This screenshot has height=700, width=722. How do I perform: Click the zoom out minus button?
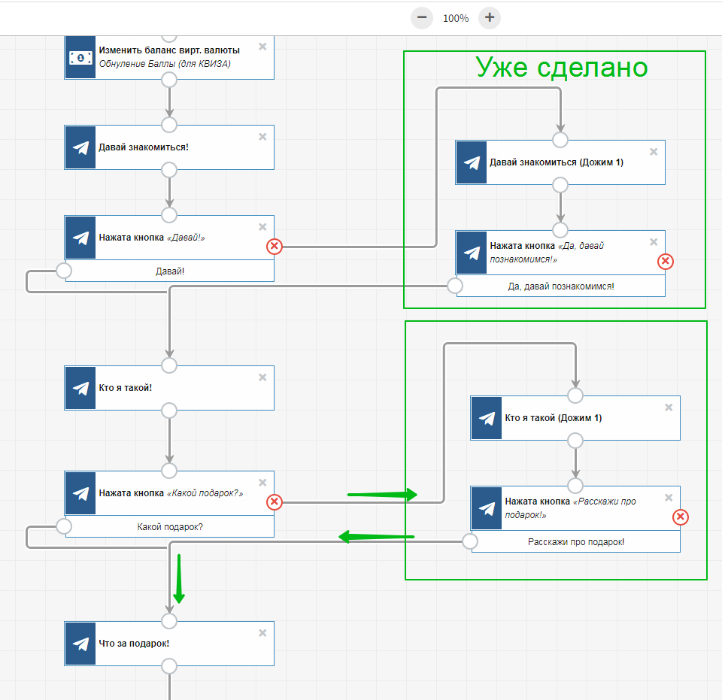click(x=422, y=18)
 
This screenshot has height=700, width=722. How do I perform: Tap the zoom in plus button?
click(x=490, y=18)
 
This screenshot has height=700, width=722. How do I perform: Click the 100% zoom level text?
click(x=456, y=18)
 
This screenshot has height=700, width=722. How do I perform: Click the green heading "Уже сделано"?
click(x=561, y=67)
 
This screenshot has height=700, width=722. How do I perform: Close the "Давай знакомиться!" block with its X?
click(x=262, y=137)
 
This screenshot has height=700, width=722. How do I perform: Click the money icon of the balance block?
click(x=80, y=58)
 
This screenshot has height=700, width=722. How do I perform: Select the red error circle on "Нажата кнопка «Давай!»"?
click(x=275, y=246)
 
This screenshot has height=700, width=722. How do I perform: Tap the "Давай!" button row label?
click(x=170, y=271)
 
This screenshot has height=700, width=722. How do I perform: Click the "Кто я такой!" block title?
click(x=126, y=388)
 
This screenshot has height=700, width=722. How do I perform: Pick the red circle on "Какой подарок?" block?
click(x=275, y=502)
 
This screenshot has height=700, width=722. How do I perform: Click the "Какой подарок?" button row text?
click(x=170, y=527)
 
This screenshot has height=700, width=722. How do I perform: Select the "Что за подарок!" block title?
click(x=134, y=644)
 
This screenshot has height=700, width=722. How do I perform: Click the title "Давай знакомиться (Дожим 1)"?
click(x=557, y=162)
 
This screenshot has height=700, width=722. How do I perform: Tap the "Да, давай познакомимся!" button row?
click(x=561, y=286)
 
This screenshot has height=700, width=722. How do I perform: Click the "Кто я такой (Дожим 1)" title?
click(x=553, y=418)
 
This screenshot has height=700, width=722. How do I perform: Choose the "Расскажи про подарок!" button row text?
click(x=576, y=542)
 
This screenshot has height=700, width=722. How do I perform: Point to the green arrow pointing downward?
click(x=179, y=579)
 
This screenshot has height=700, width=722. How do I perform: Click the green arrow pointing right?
click(x=382, y=495)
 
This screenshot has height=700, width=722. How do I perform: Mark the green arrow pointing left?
click(x=376, y=537)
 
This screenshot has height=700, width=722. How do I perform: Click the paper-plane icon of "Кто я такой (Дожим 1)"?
click(x=487, y=418)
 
